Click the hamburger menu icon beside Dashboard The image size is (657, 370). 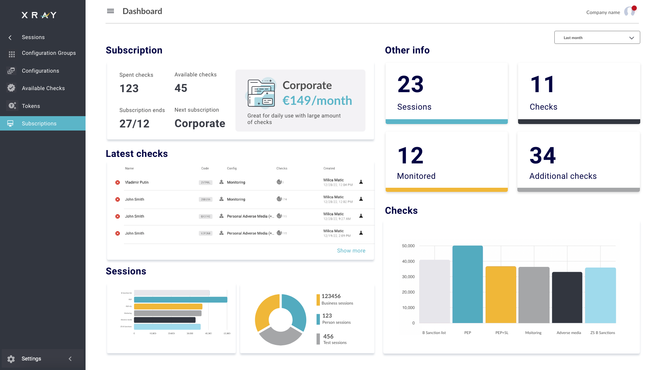[x=110, y=11]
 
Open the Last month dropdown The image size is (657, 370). [x=597, y=38]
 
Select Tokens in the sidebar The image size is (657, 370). [x=31, y=106]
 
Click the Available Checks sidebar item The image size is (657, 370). [x=43, y=88]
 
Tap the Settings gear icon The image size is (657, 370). [x=11, y=359]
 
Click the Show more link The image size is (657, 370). [x=351, y=250]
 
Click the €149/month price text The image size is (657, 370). [x=317, y=100]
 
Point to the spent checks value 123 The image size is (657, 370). [x=129, y=88]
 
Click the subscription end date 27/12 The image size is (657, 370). [x=134, y=124]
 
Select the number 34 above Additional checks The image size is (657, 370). [x=542, y=156]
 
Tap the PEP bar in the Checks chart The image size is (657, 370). [x=467, y=284]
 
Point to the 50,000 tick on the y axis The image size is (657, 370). [x=408, y=246]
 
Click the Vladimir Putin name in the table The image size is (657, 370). [x=137, y=182]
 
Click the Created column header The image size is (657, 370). [x=329, y=168]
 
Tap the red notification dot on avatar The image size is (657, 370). [x=634, y=8]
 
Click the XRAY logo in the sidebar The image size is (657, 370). [x=39, y=15]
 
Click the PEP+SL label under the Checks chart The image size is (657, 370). [x=502, y=333]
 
